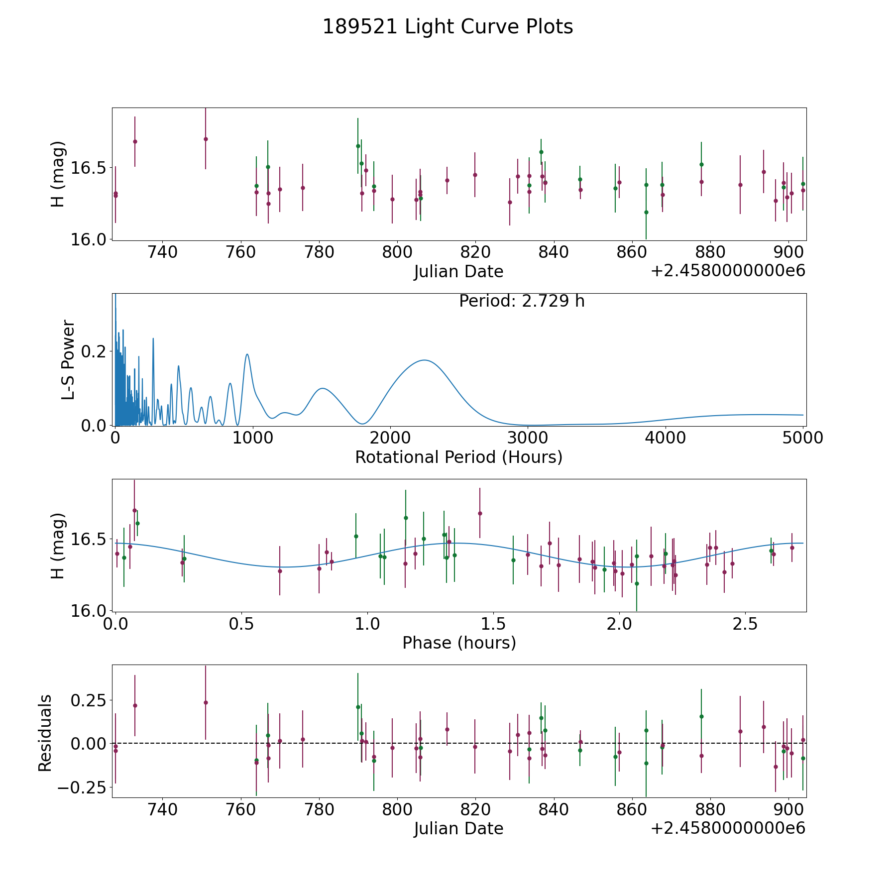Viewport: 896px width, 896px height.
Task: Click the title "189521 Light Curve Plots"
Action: [448, 27]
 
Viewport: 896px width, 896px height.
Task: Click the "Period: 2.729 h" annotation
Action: [522, 301]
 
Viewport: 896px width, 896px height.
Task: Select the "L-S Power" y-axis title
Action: [69, 359]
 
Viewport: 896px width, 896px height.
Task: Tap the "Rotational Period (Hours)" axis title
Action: [458, 457]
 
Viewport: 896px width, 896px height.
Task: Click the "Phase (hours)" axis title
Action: [459, 643]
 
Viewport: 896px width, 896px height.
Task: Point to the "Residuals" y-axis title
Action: [45, 733]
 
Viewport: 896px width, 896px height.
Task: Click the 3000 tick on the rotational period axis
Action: [528, 438]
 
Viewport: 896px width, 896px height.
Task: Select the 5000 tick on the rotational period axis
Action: [802, 438]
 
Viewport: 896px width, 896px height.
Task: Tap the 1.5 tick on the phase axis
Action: [493, 624]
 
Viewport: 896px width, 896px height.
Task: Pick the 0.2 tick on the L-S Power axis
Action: [95, 351]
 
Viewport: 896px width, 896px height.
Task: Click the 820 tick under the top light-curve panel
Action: [475, 252]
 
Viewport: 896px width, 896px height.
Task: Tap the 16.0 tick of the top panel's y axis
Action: [88, 239]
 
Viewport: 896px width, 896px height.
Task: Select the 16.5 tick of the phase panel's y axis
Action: [88, 540]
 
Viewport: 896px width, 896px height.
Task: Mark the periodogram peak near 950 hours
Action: [247, 354]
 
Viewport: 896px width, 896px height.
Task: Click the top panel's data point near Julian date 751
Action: [206, 139]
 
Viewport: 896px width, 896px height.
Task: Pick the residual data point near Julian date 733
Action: [135, 705]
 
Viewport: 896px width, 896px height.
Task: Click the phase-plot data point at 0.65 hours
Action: [280, 571]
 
